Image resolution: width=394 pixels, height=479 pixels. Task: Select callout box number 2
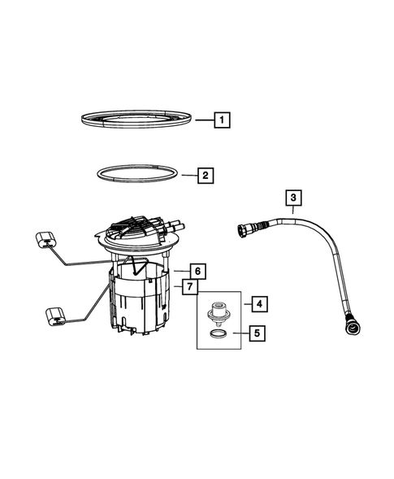tap(206, 175)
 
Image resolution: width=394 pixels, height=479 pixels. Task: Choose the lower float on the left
tap(55, 315)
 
